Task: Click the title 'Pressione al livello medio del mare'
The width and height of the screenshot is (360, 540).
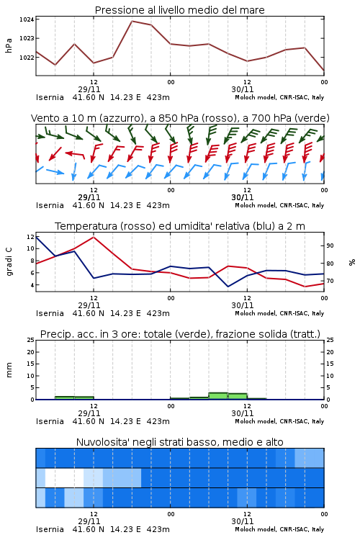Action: (179, 10)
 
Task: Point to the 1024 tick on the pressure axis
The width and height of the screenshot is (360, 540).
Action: (27, 19)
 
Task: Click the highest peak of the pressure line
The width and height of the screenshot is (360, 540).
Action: (132, 21)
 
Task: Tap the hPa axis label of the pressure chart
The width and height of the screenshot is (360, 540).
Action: (9, 45)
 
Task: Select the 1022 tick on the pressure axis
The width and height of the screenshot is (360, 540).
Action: (27, 58)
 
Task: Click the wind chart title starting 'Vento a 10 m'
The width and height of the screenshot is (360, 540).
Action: (180, 118)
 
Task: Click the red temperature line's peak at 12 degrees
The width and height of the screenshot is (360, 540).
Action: (94, 237)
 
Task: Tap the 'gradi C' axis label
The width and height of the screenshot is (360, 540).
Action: (9, 261)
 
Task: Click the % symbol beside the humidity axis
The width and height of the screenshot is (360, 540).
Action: (352, 262)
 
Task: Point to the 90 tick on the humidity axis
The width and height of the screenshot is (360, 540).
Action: (330, 246)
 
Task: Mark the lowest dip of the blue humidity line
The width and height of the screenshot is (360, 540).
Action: (228, 287)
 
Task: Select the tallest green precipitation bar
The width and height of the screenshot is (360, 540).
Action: (218, 396)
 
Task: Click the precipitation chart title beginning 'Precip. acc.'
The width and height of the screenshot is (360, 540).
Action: (180, 334)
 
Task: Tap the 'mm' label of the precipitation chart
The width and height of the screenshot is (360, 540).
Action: (9, 370)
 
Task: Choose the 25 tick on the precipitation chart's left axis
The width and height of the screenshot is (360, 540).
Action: (31, 340)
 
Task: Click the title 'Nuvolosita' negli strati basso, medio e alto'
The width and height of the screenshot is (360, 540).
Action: (179, 442)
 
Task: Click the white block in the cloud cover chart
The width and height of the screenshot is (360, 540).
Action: (64, 477)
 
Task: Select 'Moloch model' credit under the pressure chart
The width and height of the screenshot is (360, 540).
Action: (255, 97)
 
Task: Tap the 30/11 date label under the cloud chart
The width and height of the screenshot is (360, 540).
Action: (243, 521)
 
